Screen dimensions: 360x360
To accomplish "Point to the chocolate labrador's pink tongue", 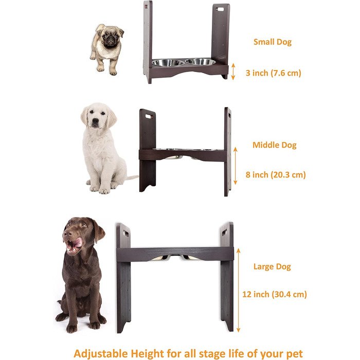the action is [x=78, y=242].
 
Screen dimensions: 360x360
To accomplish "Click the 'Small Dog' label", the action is [x=273, y=42].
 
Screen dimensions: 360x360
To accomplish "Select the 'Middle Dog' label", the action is [x=274, y=145].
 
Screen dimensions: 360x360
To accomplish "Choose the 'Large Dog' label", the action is [x=272, y=267].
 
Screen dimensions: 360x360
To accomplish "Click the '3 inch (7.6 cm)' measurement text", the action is [x=273, y=73].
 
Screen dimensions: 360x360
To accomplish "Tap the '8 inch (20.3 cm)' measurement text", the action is [x=276, y=175].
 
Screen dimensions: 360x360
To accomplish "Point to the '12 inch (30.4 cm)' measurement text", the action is [x=275, y=294].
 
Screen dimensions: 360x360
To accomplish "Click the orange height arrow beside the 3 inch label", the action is [x=233, y=71].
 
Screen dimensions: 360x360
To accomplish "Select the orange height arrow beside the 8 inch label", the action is [x=236, y=166].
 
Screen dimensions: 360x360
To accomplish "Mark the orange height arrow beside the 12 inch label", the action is [x=238, y=290].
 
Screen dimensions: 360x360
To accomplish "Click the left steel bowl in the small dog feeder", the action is [x=168, y=63].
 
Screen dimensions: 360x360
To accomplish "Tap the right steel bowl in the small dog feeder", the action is [x=201, y=61].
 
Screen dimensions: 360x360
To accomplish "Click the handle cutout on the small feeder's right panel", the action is [x=220, y=9].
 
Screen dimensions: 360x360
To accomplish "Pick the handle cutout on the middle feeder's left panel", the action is [x=149, y=116].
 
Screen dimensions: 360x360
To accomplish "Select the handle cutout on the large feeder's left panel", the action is [x=126, y=233].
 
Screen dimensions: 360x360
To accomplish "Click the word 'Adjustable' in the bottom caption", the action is [x=101, y=354].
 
